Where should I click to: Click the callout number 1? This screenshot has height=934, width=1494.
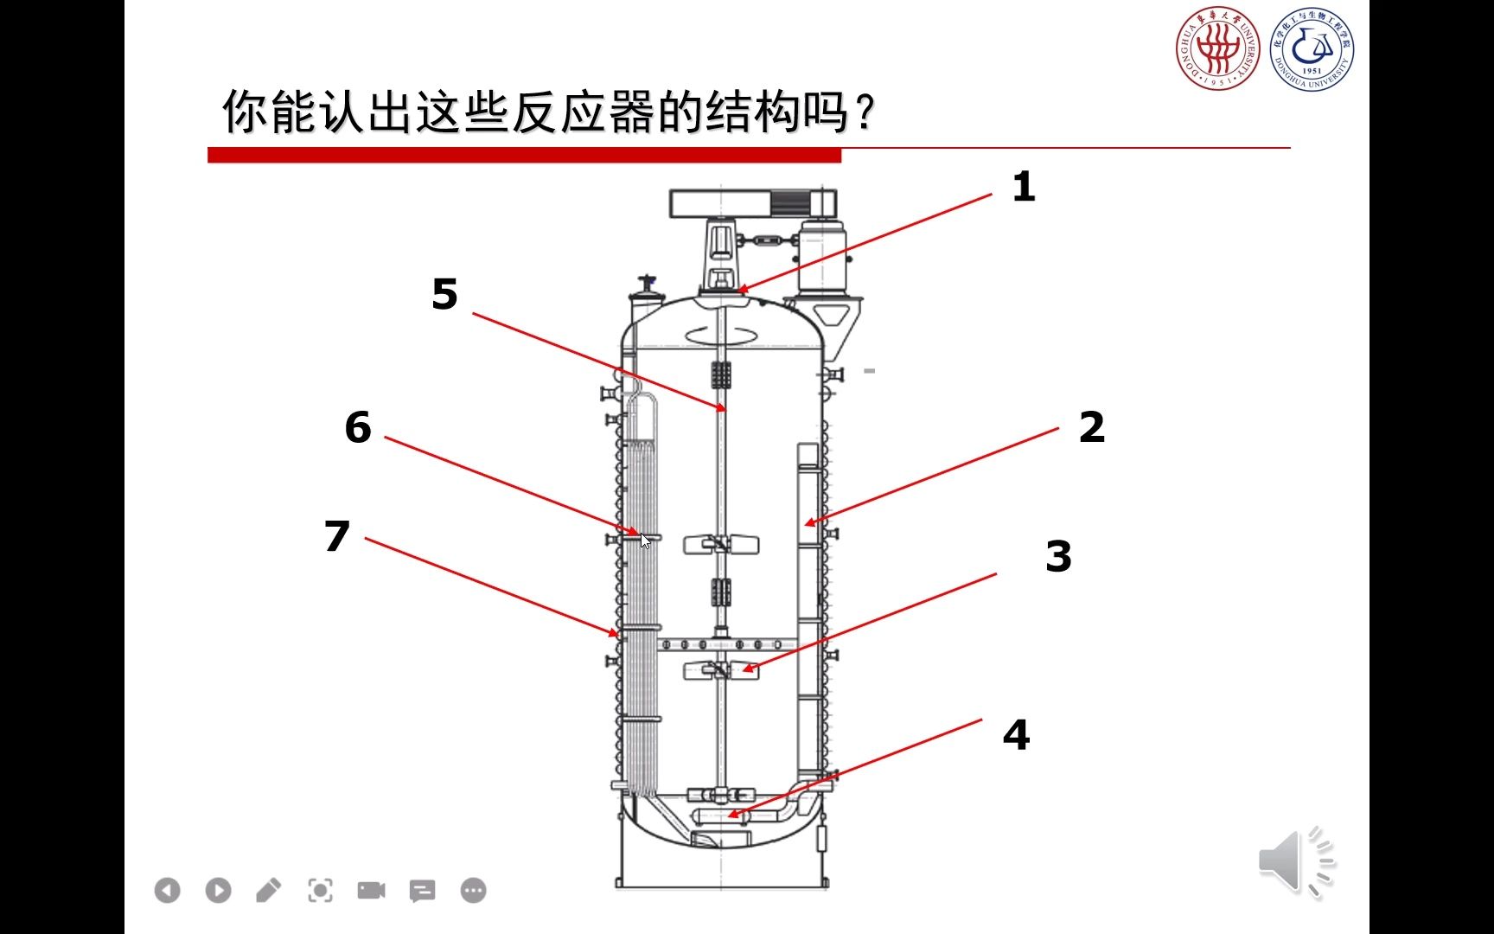coord(1024,187)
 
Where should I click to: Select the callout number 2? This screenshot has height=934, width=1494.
coord(1091,427)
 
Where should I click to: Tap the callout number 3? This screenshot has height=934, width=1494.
coord(1058,556)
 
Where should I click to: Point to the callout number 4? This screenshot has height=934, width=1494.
coord(1016,735)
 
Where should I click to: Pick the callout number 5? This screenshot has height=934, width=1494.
coord(444,295)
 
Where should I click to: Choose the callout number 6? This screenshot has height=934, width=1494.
coord(358,427)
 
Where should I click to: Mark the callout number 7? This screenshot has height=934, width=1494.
coord(337,536)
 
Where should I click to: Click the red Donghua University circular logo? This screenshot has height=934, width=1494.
coord(1217,48)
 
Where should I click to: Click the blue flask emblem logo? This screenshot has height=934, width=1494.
coord(1312,48)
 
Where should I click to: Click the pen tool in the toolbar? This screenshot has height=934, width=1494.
coord(269,890)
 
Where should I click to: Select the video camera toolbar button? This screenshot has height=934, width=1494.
coord(371,890)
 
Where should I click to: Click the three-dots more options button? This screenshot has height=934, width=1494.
coord(473,890)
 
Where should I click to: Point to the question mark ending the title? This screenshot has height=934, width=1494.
coord(865,112)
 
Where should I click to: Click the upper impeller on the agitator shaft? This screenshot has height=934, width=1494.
coord(721,545)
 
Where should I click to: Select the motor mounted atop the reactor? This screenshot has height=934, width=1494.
coord(819,255)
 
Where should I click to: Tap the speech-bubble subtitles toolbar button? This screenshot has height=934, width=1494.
coord(422,890)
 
